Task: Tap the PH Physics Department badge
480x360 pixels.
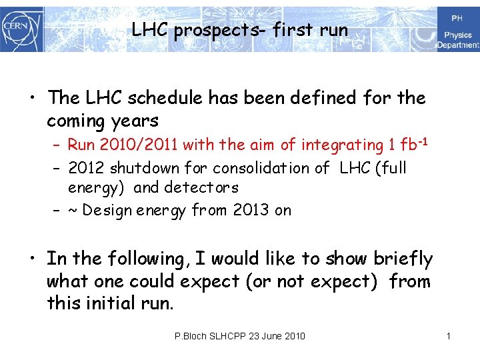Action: tap(458, 30)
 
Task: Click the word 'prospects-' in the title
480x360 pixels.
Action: tap(205, 30)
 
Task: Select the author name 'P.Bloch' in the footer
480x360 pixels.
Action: tap(190, 336)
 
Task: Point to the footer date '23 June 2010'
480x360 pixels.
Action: tap(277, 336)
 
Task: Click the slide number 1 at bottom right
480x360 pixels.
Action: tap(449, 336)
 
